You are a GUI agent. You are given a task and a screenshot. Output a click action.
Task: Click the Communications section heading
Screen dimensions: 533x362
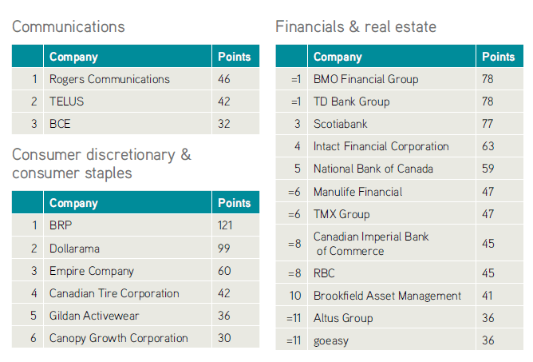pyautogui.click(x=69, y=26)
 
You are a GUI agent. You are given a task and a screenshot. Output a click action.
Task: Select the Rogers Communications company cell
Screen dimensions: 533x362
pyautogui.click(x=109, y=79)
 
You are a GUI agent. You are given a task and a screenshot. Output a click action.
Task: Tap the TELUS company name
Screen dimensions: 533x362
pyautogui.click(x=67, y=101)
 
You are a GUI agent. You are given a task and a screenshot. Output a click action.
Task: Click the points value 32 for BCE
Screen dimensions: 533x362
pyautogui.click(x=224, y=124)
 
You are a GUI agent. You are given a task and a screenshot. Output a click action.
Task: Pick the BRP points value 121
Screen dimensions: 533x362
pyautogui.click(x=225, y=225)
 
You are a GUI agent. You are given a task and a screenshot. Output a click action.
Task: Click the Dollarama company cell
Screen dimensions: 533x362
pyautogui.click(x=74, y=249)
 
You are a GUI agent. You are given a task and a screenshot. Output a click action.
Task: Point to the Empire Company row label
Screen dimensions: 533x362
pyautogui.click(x=92, y=271)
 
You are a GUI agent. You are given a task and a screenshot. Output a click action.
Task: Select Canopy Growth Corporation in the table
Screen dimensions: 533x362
pyautogui.click(x=119, y=338)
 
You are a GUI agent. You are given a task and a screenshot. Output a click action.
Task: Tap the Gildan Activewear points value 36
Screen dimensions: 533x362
pyautogui.click(x=224, y=316)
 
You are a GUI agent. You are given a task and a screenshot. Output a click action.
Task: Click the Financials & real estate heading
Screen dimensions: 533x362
pyautogui.click(x=356, y=26)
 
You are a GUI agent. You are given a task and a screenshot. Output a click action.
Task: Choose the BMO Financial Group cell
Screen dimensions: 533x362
pyautogui.click(x=365, y=79)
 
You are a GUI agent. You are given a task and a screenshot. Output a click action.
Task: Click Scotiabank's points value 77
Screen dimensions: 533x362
pyautogui.click(x=488, y=124)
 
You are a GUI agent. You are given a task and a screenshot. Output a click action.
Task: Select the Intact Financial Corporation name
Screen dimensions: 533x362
pyautogui.click(x=381, y=146)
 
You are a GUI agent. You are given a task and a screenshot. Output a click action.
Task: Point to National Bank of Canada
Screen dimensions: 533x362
pyautogui.click(x=373, y=169)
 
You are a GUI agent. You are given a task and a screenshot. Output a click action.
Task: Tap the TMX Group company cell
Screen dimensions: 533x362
pyautogui.click(x=342, y=214)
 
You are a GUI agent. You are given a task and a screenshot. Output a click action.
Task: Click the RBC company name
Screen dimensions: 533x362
pyautogui.click(x=324, y=273)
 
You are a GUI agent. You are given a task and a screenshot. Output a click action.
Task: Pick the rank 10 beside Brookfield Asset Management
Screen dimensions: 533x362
pyautogui.click(x=295, y=296)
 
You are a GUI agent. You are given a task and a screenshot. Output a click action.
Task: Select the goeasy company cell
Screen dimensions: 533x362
pyautogui.click(x=331, y=341)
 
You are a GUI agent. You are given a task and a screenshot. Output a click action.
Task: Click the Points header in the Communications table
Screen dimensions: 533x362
pyautogui.click(x=235, y=57)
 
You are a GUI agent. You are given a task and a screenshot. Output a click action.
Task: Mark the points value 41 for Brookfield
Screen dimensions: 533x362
pyautogui.click(x=487, y=296)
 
